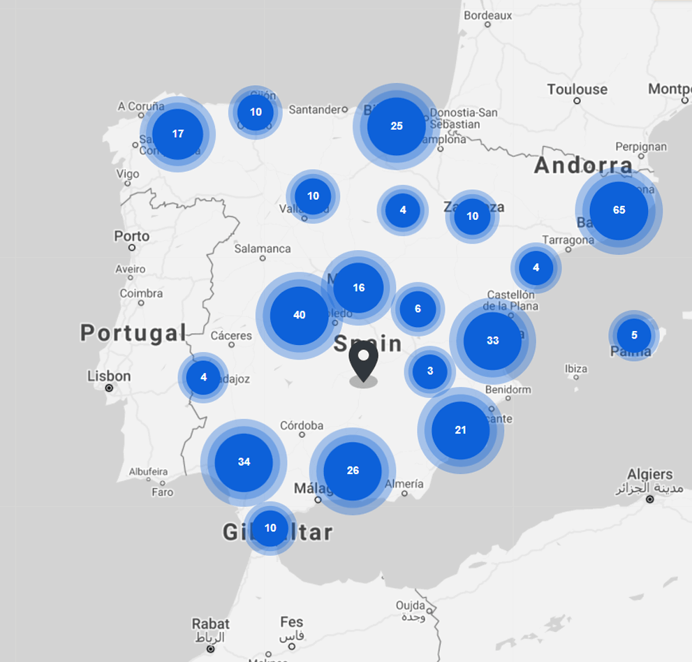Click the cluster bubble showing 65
pyautogui.click(x=619, y=210)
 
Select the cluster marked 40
pyautogui.click(x=299, y=316)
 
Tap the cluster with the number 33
pyautogui.click(x=492, y=341)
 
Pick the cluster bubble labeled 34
pyautogui.click(x=244, y=462)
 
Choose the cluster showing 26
pyautogui.click(x=353, y=471)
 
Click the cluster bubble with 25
pyautogui.click(x=397, y=126)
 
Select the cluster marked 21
pyautogui.click(x=460, y=430)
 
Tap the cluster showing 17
pyautogui.click(x=177, y=134)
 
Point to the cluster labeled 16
pyautogui.click(x=358, y=288)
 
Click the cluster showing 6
pyautogui.click(x=418, y=309)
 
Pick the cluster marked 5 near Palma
pyautogui.click(x=634, y=335)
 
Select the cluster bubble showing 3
pyautogui.click(x=429, y=372)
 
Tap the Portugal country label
pyautogui.click(x=133, y=332)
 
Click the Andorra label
pyautogui.click(x=583, y=166)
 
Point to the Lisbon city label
pyautogui.click(x=109, y=376)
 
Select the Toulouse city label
pyautogui.click(x=577, y=89)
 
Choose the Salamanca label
pyautogui.click(x=263, y=249)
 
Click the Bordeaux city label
pyautogui.click(x=488, y=15)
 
